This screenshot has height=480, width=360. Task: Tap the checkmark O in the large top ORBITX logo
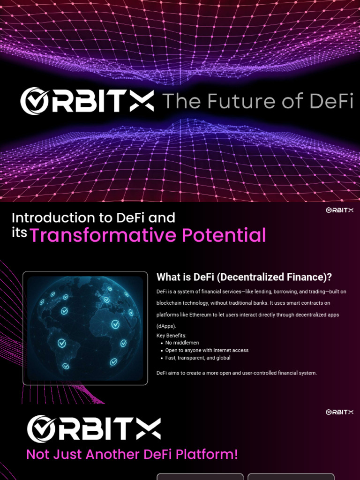click(x=35, y=101)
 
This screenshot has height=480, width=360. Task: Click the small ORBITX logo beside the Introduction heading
click(x=339, y=210)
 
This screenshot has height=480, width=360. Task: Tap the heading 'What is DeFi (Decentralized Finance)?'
click(x=244, y=277)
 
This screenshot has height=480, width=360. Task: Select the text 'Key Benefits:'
click(x=171, y=336)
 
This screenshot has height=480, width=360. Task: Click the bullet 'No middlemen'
click(x=182, y=343)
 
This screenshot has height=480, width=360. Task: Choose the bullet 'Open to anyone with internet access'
click(x=207, y=350)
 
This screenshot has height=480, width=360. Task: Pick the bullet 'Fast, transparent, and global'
click(x=198, y=358)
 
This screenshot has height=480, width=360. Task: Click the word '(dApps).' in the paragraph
click(x=166, y=326)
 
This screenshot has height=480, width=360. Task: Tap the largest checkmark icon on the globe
click(x=115, y=324)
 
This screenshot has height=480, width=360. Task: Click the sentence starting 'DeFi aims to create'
click(x=237, y=373)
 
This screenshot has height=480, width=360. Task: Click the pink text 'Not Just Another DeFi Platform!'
click(x=132, y=454)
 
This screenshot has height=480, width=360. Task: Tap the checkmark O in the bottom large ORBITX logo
click(x=41, y=429)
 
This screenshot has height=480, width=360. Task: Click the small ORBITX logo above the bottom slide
click(x=339, y=412)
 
